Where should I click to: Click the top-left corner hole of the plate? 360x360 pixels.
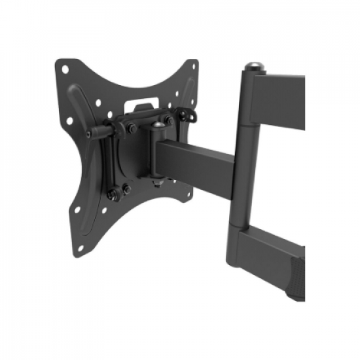click(63, 67)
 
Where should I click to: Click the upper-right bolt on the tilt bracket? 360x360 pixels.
click(169, 121)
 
